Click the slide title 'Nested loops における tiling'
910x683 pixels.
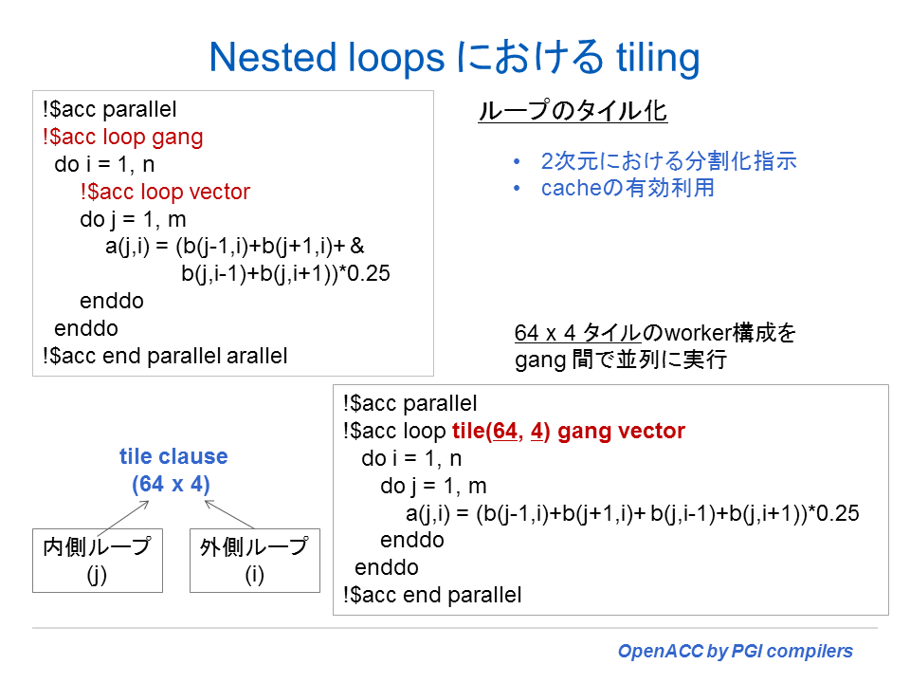click(454, 57)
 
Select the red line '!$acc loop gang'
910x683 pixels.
click(122, 137)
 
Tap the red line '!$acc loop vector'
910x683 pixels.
click(165, 192)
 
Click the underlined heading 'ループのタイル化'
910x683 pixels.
click(573, 112)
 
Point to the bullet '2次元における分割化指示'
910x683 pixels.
click(668, 160)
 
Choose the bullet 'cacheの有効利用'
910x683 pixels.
click(628, 188)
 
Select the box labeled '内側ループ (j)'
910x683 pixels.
click(98, 561)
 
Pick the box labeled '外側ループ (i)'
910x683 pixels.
click(254, 561)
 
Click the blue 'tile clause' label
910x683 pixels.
click(173, 456)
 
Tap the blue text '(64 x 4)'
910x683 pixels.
click(171, 484)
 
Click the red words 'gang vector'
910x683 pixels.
click(621, 432)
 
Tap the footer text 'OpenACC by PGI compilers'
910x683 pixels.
click(735, 652)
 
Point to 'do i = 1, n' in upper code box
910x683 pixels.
click(104, 164)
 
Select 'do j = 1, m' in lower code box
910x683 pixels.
click(433, 486)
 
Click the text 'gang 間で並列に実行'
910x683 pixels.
click(620, 361)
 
